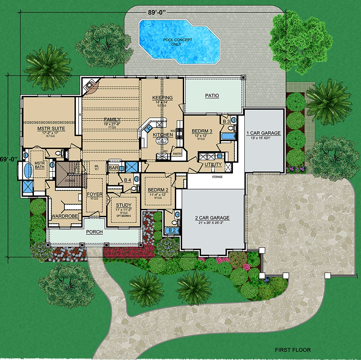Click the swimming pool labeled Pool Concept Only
179,42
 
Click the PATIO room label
212,96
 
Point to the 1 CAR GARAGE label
263,133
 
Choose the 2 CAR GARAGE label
212,218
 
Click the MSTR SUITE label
51,128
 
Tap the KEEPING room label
162,98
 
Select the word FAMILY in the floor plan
112,120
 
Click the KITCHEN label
162,135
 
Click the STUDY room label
123,205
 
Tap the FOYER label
95,194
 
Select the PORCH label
94,232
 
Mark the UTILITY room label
213,164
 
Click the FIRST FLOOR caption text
292,350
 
